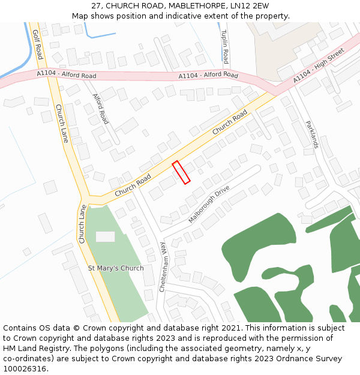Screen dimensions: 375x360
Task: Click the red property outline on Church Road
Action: coord(181,172)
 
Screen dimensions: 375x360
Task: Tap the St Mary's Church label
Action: coord(116,268)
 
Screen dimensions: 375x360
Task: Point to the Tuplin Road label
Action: coord(224,47)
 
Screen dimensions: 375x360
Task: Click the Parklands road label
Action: coord(312,134)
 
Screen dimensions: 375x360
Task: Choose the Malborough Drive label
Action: coord(209,205)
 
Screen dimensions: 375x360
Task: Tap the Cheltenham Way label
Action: coord(162,267)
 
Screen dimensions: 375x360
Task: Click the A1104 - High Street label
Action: coord(319,65)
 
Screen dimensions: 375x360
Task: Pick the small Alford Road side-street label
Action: coord(101,109)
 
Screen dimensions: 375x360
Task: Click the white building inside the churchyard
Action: coord(105,237)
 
